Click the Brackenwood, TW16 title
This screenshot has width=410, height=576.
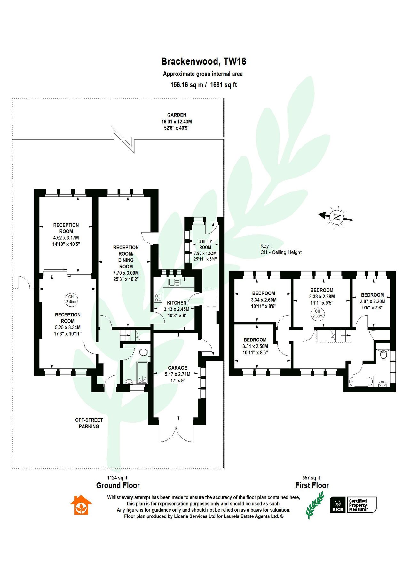[x=203, y=61]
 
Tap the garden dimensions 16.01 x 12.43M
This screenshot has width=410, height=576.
[x=177, y=122]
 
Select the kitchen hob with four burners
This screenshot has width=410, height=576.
[x=158, y=298]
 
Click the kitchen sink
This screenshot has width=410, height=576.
[x=175, y=282]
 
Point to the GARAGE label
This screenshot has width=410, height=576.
[x=177, y=368]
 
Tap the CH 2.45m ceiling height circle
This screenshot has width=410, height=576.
[x=71, y=299]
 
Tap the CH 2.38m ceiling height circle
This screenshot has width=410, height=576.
[x=317, y=314]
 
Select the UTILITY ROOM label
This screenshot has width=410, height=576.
[x=205, y=244]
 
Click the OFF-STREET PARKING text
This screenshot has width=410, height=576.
[x=89, y=423]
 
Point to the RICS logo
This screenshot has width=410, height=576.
[x=338, y=505]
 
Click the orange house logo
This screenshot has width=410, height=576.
[x=81, y=505]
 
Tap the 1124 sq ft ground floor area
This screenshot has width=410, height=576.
[x=117, y=478]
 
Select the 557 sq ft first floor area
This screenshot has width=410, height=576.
[x=311, y=478]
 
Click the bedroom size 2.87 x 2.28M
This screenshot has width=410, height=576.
[x=372, y=301]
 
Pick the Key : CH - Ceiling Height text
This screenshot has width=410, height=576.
[x=281, y=249]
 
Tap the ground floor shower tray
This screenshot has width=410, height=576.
[x=142, y=373]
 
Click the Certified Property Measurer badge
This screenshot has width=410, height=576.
[x=362, y=505]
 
